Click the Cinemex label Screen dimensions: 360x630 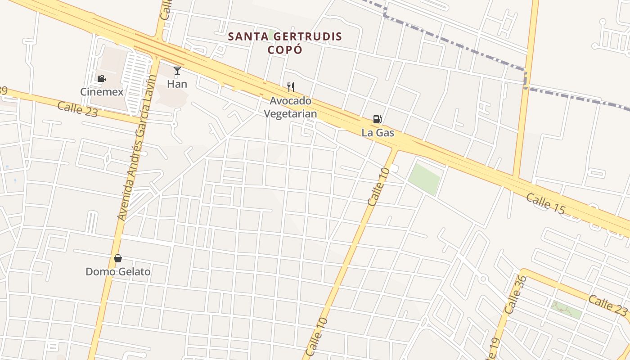(102, 92)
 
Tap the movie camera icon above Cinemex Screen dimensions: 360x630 (101, 79)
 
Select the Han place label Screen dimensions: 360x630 (177, 84)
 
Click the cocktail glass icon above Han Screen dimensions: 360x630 (177, 71)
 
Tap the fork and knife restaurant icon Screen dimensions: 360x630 (291, 87)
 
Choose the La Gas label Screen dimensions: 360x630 (378, 133)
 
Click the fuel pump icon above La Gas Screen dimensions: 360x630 (378, 119)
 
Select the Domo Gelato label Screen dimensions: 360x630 (118, 272)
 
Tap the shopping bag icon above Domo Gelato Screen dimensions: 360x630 (118, 258)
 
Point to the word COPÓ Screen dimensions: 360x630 (285, 49)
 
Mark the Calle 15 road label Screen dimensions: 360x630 (545, 203)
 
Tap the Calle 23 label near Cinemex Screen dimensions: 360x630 (77, 109)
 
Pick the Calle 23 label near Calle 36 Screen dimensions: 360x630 (607, 305)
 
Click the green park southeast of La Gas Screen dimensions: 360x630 (424, 179)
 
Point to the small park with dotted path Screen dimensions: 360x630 (566, 310)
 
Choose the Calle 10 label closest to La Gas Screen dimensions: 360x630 (378, 187)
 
